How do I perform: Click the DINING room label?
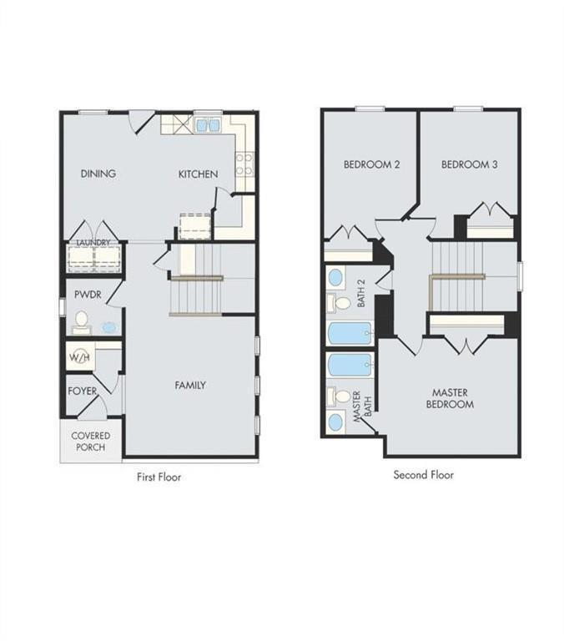pyautogui.click(x=98, y=174)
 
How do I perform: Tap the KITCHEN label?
pyautogui.click(x=198, y=174)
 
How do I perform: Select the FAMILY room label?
pyautogui.click(x=189, y=386)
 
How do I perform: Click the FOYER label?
pyautogui.click(x=83, y=391)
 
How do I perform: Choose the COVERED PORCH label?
pyautogui.click(x=90, y=442)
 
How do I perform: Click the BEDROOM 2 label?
pyautogui.click(x=371, y=165)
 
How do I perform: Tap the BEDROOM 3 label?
pyautogui.click(x=469, y=165)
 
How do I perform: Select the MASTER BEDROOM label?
pyautogui.click(x=453, y=398)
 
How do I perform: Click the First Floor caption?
pyautogui.click(x=159, y=477)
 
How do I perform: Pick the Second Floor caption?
pyautogui.click(x=424, y=475)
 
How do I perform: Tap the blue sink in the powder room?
pyautogui.click(x=108, y=327)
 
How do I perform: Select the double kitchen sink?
pyautogui.click(x=207, y=125)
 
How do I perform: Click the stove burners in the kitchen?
pyautogui.click(x=244, y=164)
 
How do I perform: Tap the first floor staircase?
pyautogui.click(x=197, y=296)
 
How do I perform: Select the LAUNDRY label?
pyautogui.click(x=93, y=243)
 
